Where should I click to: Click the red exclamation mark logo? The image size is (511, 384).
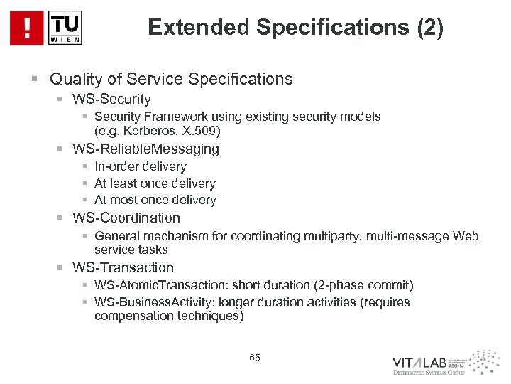pyautogui.click(x=27, y=28)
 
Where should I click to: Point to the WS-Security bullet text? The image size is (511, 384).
pyautogui.click(x=111, y=100)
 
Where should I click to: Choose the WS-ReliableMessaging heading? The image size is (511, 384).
pyautogui.click(x=146, y=149)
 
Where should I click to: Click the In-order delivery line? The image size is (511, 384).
pyautogui.click(x=140, y=166)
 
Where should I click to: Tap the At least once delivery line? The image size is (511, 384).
pyautogui.click(x=155, y=183)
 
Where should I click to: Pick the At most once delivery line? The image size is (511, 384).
pyautogui.click(x=155, y=201)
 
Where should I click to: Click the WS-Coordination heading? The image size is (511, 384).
pyautogui.click(x=126, y=218)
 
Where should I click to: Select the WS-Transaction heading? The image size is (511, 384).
pyautogui.click(x=123, y=267)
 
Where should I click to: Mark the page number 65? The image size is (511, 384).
pyautogui.click(x=255, y=358)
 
